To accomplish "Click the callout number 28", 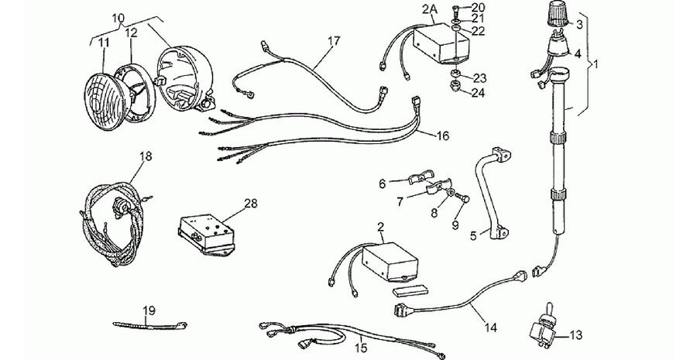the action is (250, 204).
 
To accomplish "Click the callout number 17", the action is (334, 41).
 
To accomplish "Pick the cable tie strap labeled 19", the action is (149, 326).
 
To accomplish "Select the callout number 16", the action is (443, 135).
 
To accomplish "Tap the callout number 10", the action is (118, 19).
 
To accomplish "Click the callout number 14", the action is (491, 328).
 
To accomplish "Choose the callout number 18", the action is (146, 156).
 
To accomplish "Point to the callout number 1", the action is (596, 64).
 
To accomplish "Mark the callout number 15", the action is (362, 348).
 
